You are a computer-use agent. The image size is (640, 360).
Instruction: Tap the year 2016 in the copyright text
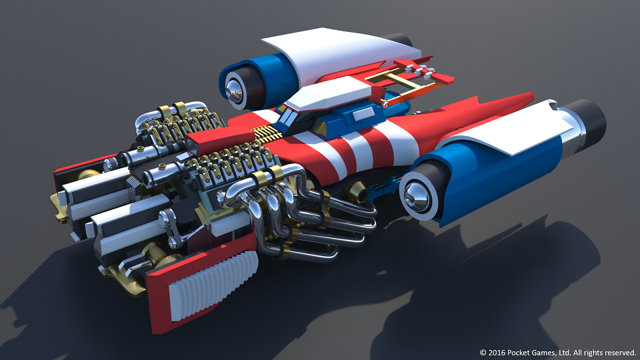497,353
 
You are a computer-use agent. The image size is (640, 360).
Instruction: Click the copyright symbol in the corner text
483,353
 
